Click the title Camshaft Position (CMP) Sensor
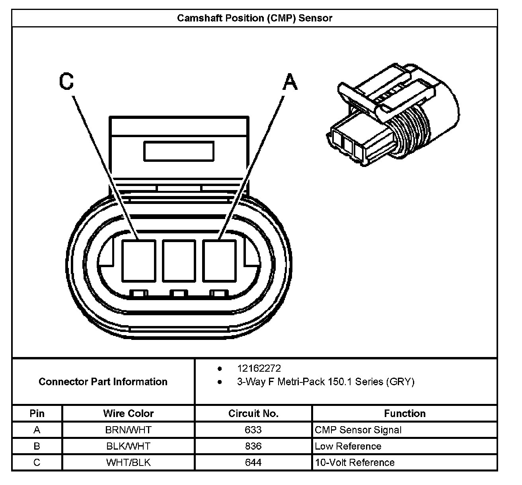click(254, 18)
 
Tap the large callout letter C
click(66, 81)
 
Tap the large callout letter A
click(290, 81)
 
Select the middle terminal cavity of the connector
click(179, 261)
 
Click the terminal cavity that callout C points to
click(139, 261)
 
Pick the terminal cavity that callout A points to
click(219, 261)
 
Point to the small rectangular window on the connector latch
click(179, 151)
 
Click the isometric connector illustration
click(393, 114)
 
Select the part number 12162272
click(259, 369)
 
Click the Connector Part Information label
click(103, 382)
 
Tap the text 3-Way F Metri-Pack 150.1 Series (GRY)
click(326, 382)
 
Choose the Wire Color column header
click(128, 413)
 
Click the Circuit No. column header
click(253, 413)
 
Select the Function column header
click(405, 413)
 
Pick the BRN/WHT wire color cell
click(128, 430)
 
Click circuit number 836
click(253, 446)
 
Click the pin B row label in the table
click(37, 446)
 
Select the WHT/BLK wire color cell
click(128, 462)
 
